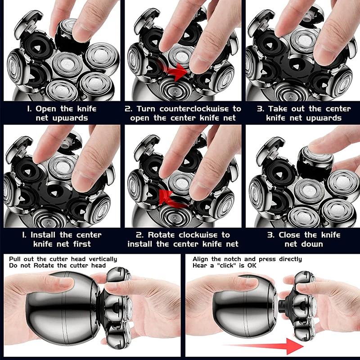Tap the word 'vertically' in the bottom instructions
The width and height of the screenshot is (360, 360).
(x=103, y=260)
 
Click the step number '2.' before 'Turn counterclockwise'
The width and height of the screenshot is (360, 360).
(x=128, y=108)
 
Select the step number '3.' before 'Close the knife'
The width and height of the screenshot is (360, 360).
(x=271, y=235)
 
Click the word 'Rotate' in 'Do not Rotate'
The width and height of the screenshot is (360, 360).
(x=44, y=265)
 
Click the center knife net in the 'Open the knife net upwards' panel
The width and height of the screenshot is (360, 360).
(x=67, y=65)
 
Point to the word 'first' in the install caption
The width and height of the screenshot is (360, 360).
(x=82, y=244)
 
